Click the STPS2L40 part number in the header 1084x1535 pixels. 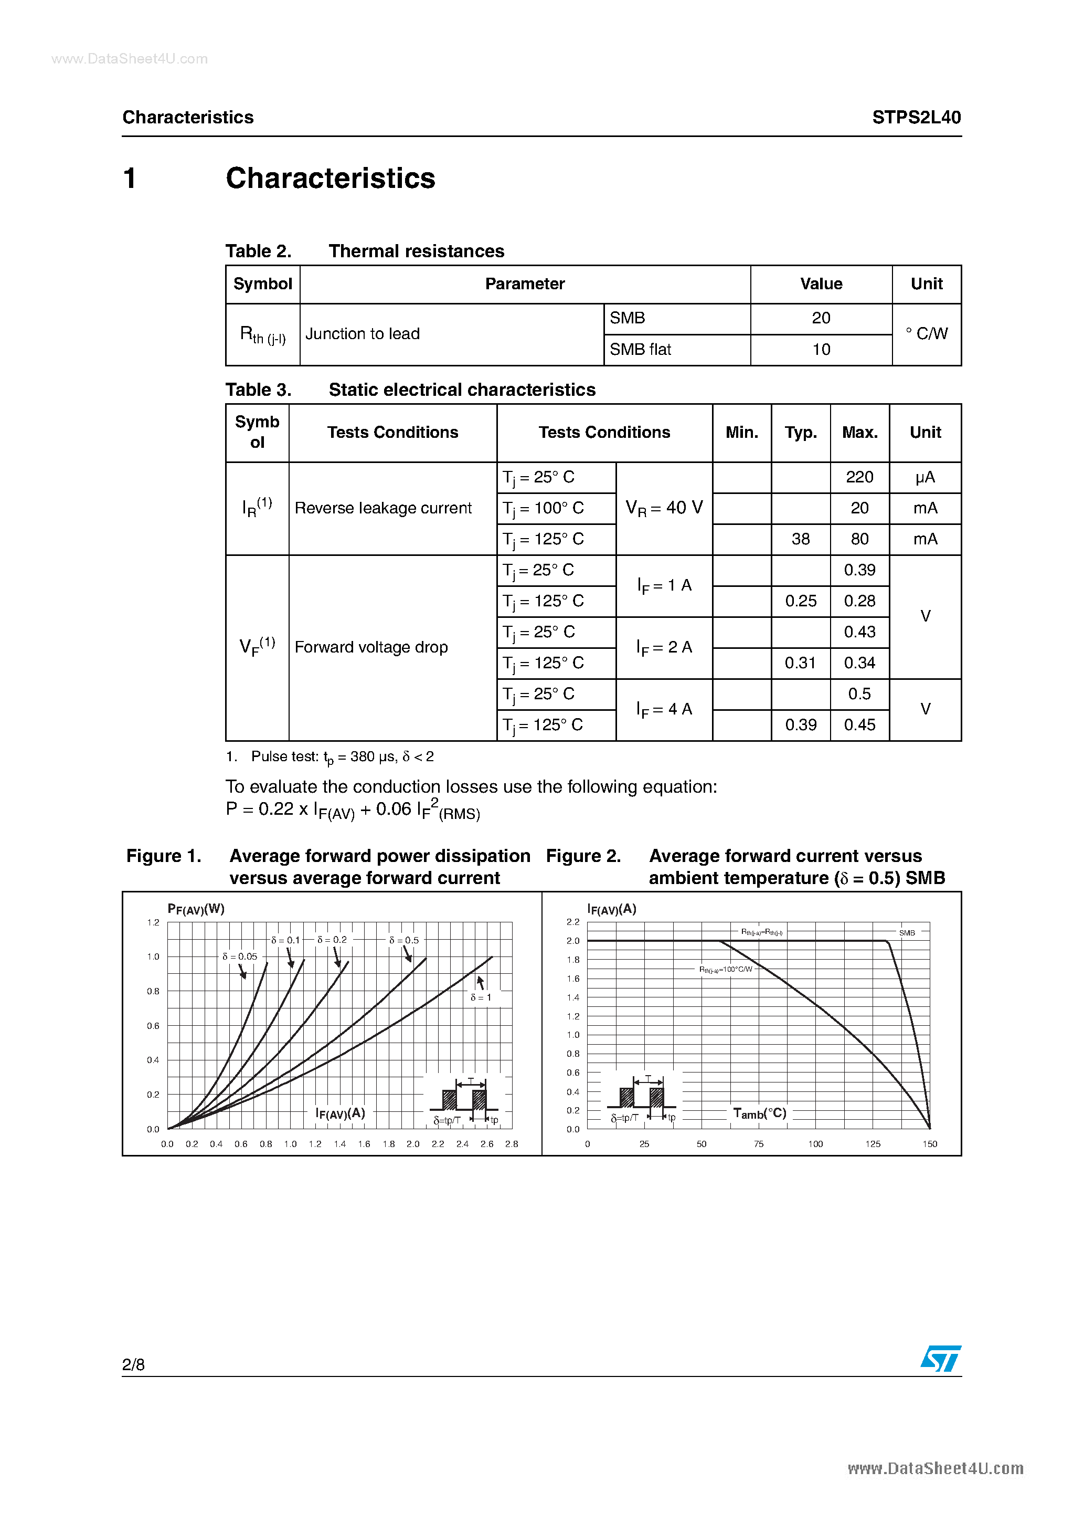(916, 118)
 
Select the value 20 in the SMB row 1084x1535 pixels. (821, 318)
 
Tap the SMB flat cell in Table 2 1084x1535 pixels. (640, 350)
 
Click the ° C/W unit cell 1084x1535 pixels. (926, 333)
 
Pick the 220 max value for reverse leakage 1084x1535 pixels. (859, 477)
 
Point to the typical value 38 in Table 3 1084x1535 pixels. (800, 539)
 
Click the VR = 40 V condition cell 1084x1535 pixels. (664, 508)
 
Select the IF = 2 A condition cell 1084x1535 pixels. (664, 647)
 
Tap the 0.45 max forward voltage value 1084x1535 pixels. (859, 724)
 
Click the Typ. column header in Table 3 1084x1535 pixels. (800, 433)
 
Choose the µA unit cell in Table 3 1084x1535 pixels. (925, 477)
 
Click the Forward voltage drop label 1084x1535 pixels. (371, 647)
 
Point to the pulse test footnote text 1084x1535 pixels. (342, 757)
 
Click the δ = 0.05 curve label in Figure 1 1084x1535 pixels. (239, 956)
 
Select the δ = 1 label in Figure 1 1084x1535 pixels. (481, 997)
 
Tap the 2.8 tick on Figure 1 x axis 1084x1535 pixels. (511, 1144)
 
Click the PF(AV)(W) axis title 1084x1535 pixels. (196, 909)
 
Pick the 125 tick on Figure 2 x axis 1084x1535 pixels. (872, 1144)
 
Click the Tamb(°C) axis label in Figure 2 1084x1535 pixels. (759, 1113)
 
